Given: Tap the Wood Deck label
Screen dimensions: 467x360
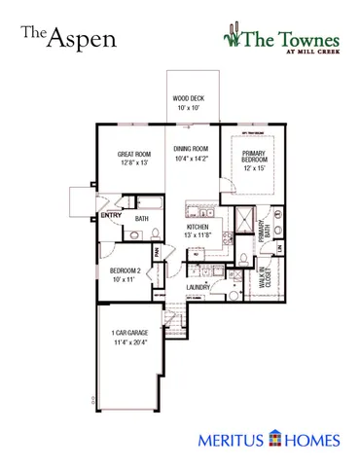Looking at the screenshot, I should (x=188, y=98).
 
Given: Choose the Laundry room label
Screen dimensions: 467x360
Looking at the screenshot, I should (x=198, y=288).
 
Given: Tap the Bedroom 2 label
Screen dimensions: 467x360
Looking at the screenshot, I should (x=126, y=269).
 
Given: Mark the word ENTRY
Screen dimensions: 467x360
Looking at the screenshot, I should (x=112, y=216).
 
